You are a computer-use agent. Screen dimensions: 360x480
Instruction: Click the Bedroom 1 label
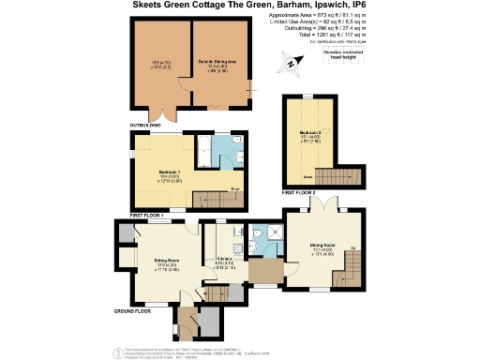coord(169,172)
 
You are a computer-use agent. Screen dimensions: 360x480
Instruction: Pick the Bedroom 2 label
coord(311,133)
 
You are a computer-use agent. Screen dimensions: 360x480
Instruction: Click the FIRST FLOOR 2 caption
coord(298,192)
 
